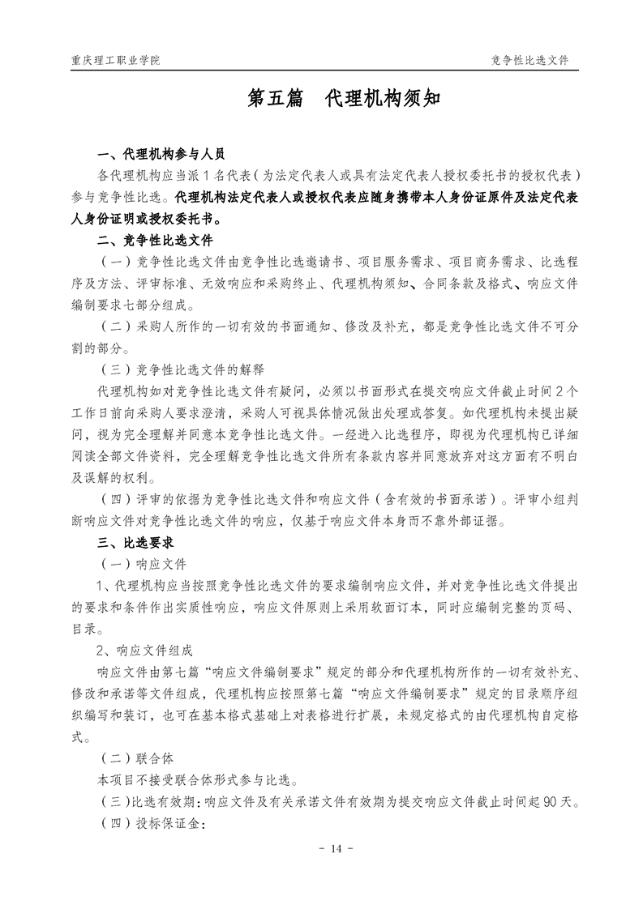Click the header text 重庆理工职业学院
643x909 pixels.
115,61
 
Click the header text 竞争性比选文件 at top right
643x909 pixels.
529,61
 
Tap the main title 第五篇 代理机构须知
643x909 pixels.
321,99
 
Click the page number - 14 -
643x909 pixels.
321,848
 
